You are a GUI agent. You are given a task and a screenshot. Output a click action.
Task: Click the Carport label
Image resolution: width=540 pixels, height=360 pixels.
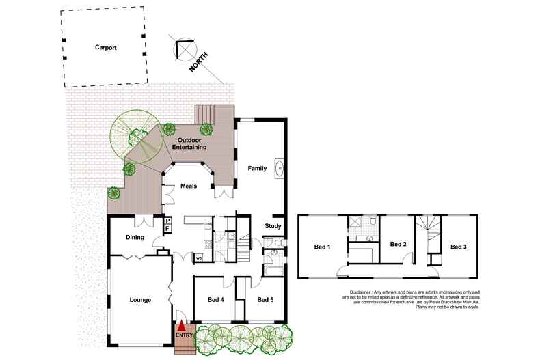(x=105, y=48)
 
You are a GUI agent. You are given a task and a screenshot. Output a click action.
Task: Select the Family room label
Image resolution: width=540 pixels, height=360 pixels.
(x=257, y=167)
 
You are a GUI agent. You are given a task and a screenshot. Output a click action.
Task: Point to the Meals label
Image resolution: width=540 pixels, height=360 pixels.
(x=189, y=186)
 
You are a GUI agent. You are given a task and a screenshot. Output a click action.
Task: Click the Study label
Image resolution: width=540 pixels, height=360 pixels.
(x=273, y=225)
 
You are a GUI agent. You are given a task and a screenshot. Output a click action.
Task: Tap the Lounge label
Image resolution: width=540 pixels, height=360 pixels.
(x=140, y=300)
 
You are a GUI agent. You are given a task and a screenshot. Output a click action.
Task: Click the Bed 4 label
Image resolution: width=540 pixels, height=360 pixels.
(x=217, y=300)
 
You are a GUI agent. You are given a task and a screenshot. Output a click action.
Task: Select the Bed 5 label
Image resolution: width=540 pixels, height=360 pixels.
(x=267, y=300)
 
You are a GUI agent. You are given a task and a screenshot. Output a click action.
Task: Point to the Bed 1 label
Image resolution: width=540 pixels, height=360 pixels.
(x=322, y=246)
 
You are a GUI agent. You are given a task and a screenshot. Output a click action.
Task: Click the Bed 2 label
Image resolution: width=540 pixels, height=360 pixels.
(x=399, y=244)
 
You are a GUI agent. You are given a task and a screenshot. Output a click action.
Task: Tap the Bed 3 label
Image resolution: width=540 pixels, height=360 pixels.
(x=459, y=246)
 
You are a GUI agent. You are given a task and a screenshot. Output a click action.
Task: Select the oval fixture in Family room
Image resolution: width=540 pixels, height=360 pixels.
(x=278, y=167)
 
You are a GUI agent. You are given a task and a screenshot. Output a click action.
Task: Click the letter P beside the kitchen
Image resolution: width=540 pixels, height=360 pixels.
(x=167, y=221)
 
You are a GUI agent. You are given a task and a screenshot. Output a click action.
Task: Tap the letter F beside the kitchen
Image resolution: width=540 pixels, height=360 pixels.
(x=167, y=230)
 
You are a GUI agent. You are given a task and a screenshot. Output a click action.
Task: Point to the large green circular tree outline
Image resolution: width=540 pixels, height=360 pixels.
(x=134, y=135)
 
